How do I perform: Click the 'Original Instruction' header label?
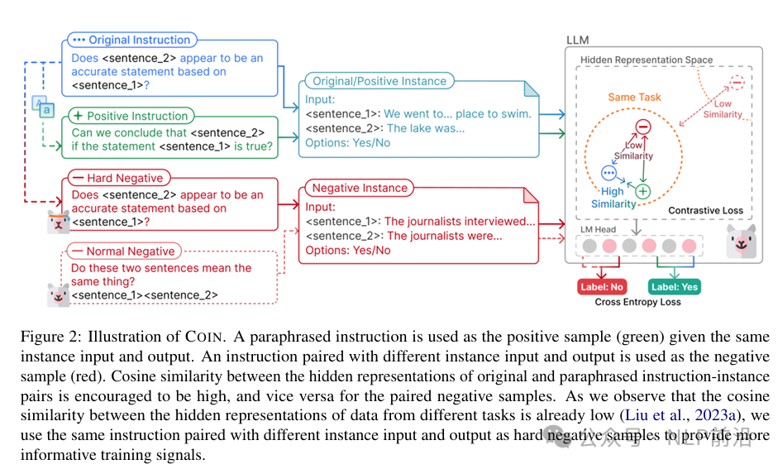coord(132,40)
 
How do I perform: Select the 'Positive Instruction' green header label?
coord(131,116)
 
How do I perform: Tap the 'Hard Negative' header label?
coord(118,178)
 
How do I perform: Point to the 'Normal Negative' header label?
coord(124,251)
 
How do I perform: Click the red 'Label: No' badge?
coord(602,287)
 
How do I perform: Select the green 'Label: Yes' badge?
coord(675,287)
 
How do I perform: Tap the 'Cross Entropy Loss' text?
coord(637,302)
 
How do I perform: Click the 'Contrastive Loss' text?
coord(705,210)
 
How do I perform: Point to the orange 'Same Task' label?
coord(635,98)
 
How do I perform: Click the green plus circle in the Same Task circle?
coord(643,191)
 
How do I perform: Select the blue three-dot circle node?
coord(609,173)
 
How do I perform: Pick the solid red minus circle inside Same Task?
coord(643,127)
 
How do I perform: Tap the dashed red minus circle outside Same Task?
coord(737,83)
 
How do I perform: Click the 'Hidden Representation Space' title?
coord(647,60)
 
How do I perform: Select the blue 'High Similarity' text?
coord(613,198)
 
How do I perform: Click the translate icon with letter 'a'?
coord(43,107)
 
